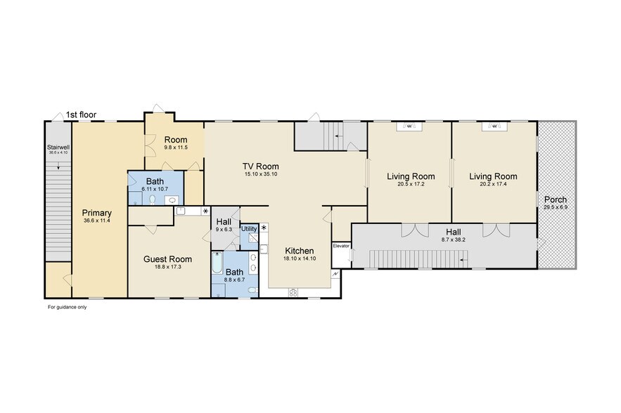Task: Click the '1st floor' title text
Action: click(x=81, y=114)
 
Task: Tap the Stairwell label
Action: click(x=58, y=147)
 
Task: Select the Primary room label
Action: click(x=97, y=213)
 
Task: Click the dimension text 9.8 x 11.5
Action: click(x=176, y=147)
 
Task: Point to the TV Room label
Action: click(x=261, y=166)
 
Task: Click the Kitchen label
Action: click(x=300, y=251)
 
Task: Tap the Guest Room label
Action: click(x=167, y=259)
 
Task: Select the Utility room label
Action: click(x=249, y=229)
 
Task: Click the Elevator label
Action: click(x=341, y=246)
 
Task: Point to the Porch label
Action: click(x=556, y=199)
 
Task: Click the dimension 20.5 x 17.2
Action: click(x=411, y=184)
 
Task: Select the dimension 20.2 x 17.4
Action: click(x=493, y=184)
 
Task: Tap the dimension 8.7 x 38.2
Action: click(x=454, y=240)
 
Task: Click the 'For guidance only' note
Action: click(x=68, y=307)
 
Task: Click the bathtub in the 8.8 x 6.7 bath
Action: click(x=217, y=263)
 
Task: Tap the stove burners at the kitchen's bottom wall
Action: click(x=293, y=292)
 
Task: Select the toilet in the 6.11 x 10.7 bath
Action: click(x=153, y=200)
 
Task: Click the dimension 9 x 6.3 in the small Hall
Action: click(x=224, y=230)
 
